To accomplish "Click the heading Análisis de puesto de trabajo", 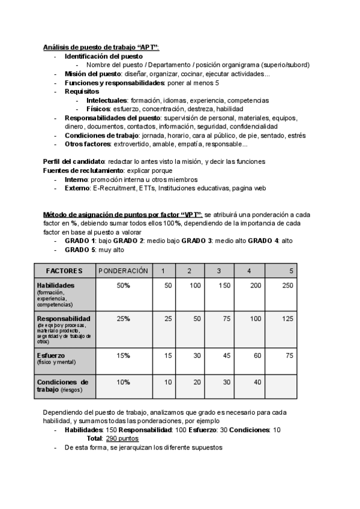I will [100, 47].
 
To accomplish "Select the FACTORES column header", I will [64, 271].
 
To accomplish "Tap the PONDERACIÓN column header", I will [123, 271].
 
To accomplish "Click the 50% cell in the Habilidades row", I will [123, 286].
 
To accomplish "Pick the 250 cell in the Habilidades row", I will [287, 286].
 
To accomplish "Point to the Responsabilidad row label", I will [64, 318].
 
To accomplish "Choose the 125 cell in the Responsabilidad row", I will [287, 318].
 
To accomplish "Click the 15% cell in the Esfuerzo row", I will [123, 355].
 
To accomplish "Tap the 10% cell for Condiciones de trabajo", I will [123, 382].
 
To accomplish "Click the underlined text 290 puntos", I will [122, 439].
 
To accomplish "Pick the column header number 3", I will [219, 271].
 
